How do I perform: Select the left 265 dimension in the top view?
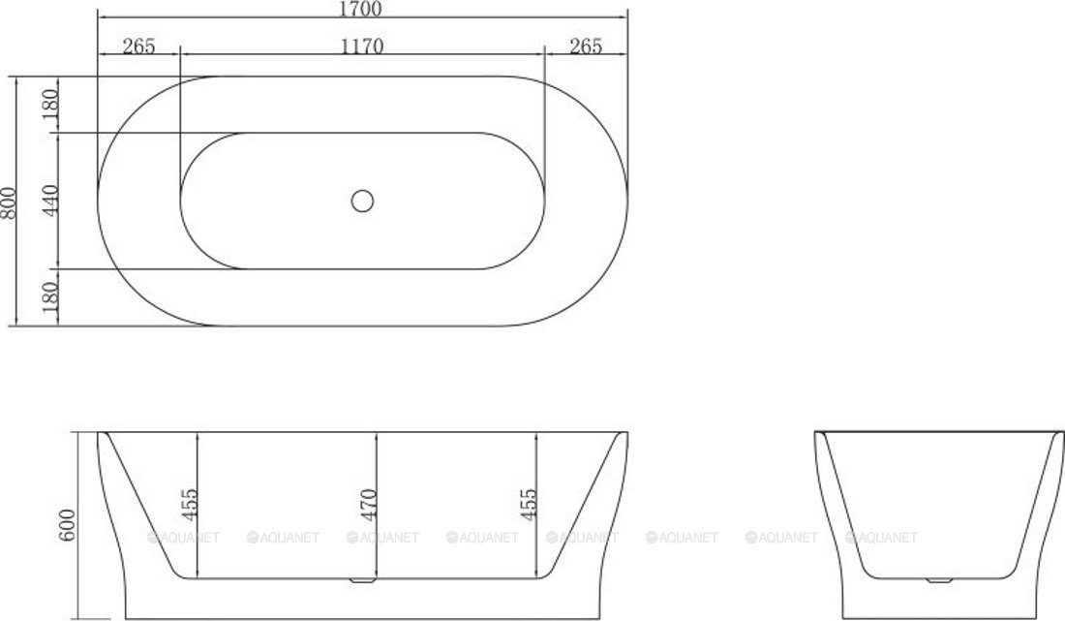coord(139,46)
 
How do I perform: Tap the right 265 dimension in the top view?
coord(586,46)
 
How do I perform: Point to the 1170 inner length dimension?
coord(362,46)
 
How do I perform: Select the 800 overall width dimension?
coord(11,201)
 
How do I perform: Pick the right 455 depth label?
coord(529,505)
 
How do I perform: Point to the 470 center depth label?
coord(369,505)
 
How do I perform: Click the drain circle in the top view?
coord(362,201)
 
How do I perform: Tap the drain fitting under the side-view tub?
coord(362,582)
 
